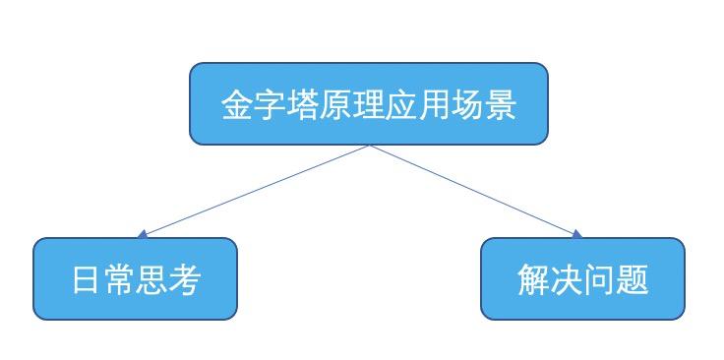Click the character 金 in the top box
tap(237, 105)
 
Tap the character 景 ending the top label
tap(502, 105)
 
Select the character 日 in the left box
tap(88, 280)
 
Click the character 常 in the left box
tap(120, 280)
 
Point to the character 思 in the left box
tap(152, 280)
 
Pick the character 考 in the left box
tap(185, 280)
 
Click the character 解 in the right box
tap(533, 280)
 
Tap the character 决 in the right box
tap(567, 280)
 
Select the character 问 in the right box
tap(599, 280)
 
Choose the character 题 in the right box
tap(633, 280)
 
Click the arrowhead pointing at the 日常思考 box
tap(143, 234)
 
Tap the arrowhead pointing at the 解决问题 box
tap(577, 234)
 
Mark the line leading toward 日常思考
tap(256, 190)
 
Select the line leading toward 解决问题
tap(474, 190)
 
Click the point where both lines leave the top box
tap(369, 146)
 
